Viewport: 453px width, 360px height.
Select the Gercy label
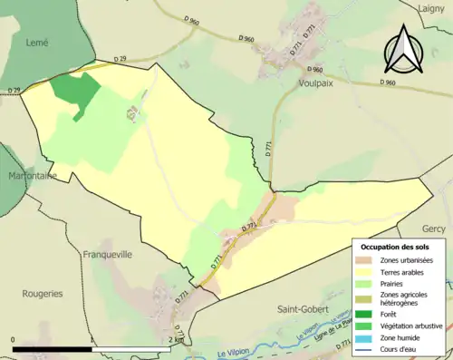click(434, 229)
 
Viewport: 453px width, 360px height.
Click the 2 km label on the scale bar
click(175, 341)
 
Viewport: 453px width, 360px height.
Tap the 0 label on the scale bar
click(14, 341)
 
